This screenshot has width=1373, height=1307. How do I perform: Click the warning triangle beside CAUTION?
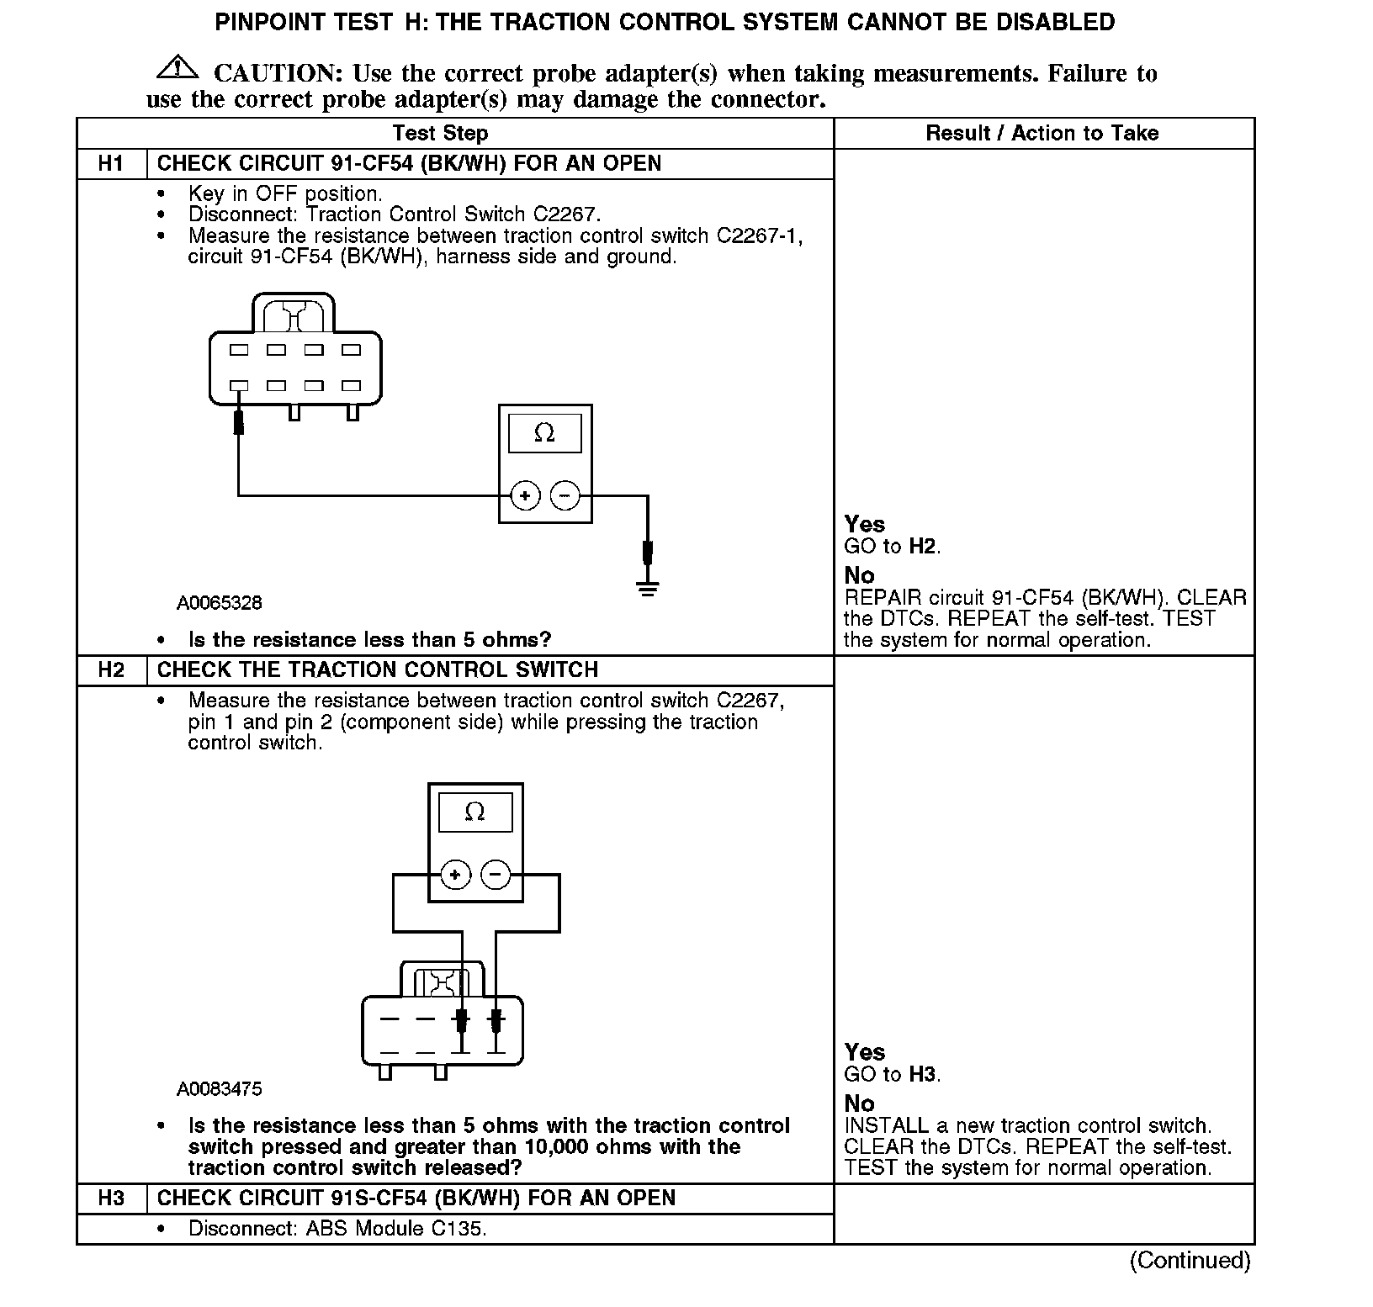(x=177, y=67)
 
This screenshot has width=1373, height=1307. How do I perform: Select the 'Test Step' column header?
(x=440, y=133)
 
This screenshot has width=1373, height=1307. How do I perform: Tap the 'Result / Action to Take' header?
(x=1042, y=133)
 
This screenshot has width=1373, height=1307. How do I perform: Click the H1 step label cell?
(x=111, y=163)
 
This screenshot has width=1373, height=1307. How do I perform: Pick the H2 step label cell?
(x=111, y=669)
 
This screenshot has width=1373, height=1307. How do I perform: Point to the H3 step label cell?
(x=111, y=1198)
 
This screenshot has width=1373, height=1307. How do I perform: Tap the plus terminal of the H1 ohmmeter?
(x=525, y=495)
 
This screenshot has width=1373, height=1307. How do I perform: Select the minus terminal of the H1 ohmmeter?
(x=565, y=495)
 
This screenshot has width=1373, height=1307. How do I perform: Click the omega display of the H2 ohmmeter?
(x=475, y=812)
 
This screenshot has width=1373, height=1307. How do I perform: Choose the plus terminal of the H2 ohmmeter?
(x=455, y=875)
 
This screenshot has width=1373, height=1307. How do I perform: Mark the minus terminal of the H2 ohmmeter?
(x=495, y=875)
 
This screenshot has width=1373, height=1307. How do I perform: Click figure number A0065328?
(x=219, y=603)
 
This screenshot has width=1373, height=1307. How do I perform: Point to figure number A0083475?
(x=219, y=1089)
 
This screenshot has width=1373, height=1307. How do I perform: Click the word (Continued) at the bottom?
(x=1190, y=1260)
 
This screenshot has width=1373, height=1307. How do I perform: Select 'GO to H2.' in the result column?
(x=892, y=547)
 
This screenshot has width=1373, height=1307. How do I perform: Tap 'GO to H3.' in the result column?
(x=892, y=1074)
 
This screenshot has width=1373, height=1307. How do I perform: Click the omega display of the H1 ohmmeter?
(x=544, y=433)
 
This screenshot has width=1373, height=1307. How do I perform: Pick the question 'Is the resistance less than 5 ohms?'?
(x=369, y=640)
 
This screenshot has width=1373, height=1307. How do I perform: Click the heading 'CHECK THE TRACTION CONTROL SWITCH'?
(x=378, y=669)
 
